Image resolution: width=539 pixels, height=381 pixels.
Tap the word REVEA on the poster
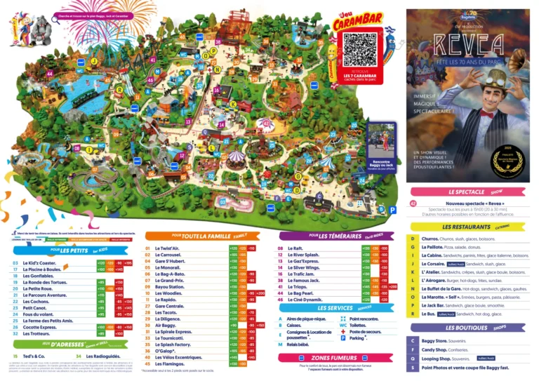pyautogui.click(x=468, y=44)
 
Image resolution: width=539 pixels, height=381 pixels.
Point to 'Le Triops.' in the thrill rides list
pyautogui.click(x=300, y=286)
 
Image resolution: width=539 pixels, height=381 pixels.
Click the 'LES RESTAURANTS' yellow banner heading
pyautogui.click(x=466, y=227)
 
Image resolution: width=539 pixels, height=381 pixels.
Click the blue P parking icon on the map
pyautogui.click(x=382, y=208)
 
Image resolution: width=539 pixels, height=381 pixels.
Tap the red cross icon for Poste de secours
pyautogui.click(x=343, y=331)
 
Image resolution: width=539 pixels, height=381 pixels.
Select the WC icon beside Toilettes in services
pyautogui.click(x=343, y=325)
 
